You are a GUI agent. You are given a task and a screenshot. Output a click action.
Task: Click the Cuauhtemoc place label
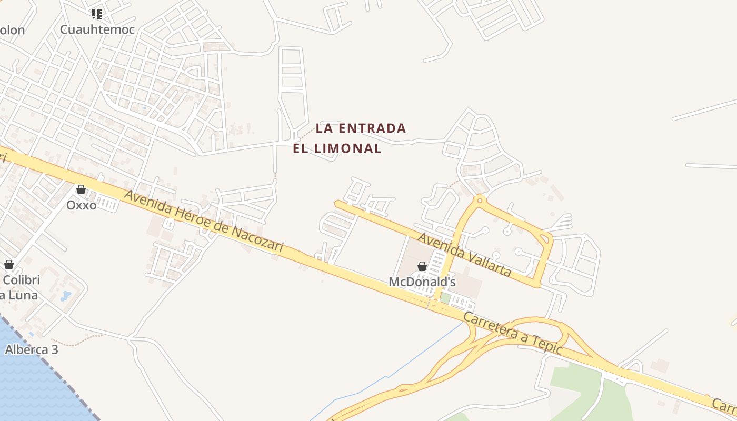tap(97, 29)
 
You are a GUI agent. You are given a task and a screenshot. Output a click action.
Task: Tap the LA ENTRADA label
tap(361, 128)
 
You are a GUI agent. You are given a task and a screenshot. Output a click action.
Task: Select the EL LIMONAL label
tap(337, 148)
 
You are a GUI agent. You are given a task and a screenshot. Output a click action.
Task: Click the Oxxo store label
tap(81, 205)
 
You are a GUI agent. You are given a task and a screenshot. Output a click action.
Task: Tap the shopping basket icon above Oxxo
tap(81, 189)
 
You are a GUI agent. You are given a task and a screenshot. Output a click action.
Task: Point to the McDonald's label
tap(422, 282)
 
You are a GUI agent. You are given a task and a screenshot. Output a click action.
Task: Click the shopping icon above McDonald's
tap(422, 267)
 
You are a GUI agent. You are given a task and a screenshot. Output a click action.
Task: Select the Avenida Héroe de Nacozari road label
tap(204, 221)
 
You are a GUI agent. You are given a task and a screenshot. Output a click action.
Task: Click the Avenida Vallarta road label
tap(464, 255)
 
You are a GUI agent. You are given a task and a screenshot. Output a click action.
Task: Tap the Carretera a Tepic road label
tap(514, 333)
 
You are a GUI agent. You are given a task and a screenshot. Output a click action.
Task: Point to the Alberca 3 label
tap(32, 349)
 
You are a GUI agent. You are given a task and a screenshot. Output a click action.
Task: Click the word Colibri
tap(22, 280)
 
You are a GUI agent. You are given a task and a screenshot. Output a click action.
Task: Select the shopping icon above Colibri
tap(9, 265)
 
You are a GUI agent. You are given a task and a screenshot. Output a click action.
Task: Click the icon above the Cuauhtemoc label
tap(96, 14)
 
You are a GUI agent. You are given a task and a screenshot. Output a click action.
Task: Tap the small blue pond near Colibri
tap(66, 296)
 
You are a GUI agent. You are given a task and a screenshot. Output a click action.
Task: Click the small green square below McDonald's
tap(445, 298)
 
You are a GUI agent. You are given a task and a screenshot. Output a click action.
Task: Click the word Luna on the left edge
tap(22, 295)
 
